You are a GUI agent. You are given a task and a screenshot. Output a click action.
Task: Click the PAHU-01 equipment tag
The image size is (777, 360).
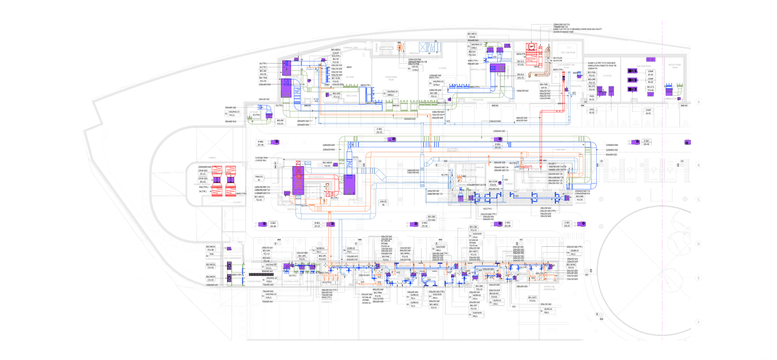coord(259,178)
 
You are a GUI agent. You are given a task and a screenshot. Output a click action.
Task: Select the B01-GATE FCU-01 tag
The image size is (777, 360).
coord(533,299)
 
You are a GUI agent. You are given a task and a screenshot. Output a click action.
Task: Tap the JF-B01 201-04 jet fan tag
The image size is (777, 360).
coord(261,143)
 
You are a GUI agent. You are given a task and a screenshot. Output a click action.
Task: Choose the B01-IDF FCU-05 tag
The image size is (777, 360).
coord(280,122)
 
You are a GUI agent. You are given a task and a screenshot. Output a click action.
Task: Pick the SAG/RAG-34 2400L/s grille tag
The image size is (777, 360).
coord(391,93)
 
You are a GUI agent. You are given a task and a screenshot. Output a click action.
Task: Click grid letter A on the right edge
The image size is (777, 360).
coord(698,102)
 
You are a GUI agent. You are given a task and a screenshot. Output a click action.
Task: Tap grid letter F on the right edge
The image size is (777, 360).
coord(698,322)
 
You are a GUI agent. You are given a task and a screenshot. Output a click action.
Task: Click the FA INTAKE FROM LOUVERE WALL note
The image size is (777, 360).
coord(261,159)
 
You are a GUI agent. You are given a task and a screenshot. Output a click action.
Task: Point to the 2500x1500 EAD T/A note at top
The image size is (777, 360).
coord(563,24)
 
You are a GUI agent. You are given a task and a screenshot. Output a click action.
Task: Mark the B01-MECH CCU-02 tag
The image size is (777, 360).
coord(211,278)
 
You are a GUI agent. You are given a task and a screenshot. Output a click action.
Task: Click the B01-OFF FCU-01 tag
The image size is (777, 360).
coord(473,307)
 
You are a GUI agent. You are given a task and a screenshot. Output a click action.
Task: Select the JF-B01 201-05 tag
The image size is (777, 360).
coord(567,224)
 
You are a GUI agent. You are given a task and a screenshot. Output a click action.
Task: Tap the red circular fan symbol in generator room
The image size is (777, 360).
coord(531,47)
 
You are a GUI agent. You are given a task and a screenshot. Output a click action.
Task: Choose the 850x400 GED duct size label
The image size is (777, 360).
coord(611,154)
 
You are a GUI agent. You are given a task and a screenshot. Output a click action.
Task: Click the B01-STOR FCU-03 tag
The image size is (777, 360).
coord(493,183)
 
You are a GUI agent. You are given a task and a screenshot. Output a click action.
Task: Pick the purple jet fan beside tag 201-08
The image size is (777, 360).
coord(263,224)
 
